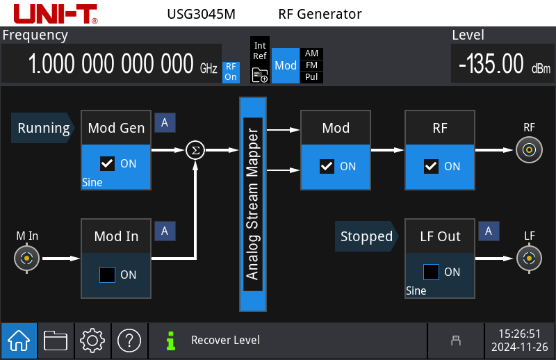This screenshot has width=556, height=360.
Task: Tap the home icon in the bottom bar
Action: coord(18,341)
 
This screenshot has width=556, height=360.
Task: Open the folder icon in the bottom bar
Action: coord(56,341)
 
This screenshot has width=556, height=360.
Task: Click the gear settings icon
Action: coord(92,341)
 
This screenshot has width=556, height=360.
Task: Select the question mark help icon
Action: coord(129,341)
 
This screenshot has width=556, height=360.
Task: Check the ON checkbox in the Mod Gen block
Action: coord(107,164)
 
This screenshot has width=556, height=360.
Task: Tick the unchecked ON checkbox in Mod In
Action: coord(107,275)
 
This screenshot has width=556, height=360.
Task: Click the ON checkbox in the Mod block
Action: coord(327,166)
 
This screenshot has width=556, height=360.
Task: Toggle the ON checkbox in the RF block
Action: coord(432,166)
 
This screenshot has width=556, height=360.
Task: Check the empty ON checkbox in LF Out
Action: coord(432,272)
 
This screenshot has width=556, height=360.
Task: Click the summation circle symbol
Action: coord(195,149)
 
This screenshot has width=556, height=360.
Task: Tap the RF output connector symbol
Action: coord(530,149)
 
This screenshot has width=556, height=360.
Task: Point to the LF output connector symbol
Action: coord(530,259)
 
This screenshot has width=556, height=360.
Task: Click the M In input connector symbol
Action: coord(26,259)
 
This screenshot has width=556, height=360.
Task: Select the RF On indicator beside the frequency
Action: coord(230,72)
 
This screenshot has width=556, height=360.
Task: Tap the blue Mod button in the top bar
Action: coord(286,65)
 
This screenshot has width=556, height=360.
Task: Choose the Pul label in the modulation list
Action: coord(311,77)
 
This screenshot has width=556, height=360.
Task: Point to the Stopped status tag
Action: coord(366,236)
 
